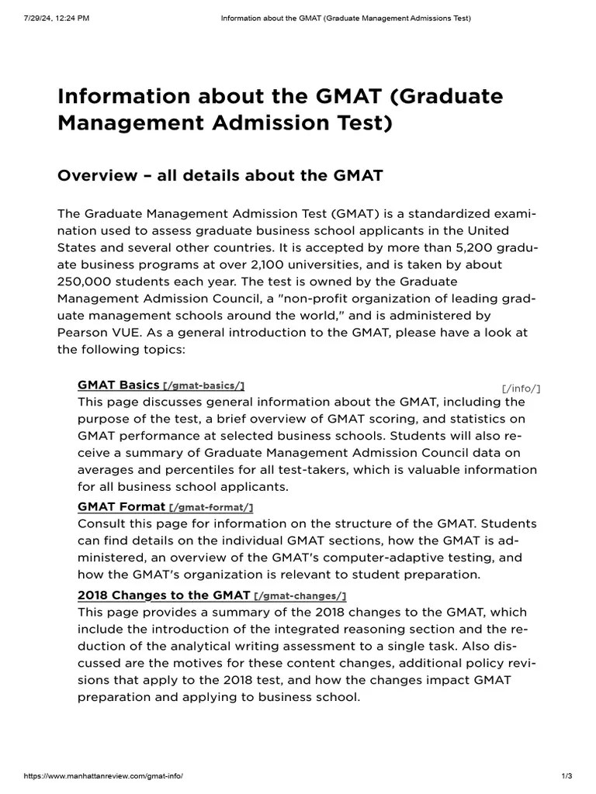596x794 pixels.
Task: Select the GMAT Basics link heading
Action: pos(118,385)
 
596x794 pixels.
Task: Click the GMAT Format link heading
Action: pos(121,507)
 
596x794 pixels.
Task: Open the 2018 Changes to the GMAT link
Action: pos(164,595)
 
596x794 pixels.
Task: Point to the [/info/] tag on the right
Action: pos(521,388)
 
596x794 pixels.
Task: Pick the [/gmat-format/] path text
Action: pos(211,508)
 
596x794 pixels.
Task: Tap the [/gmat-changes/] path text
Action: pos(300,595)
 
